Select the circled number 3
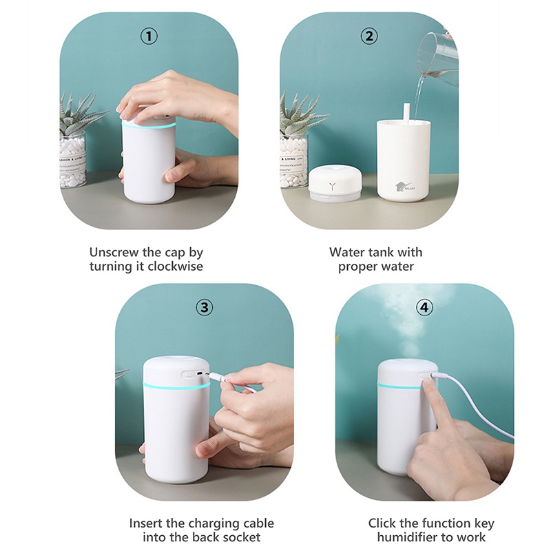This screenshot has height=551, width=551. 204,307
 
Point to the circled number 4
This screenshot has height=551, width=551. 425,307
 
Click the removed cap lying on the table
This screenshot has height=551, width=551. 335,185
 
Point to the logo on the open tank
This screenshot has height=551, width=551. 403,185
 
